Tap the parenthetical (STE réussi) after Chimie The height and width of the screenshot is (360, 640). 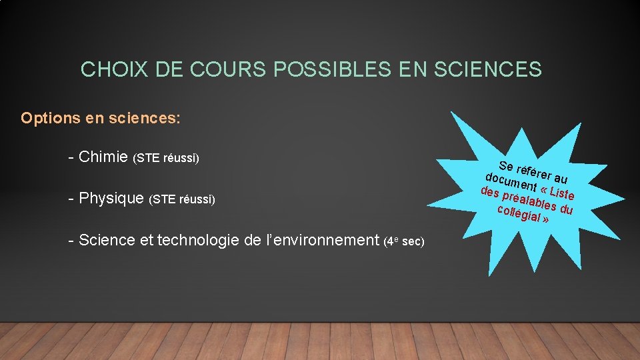(166, 159)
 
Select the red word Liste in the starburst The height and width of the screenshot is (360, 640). (561, 194)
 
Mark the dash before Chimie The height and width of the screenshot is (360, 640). (71, 157)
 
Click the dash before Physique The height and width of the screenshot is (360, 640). (71, 198)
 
